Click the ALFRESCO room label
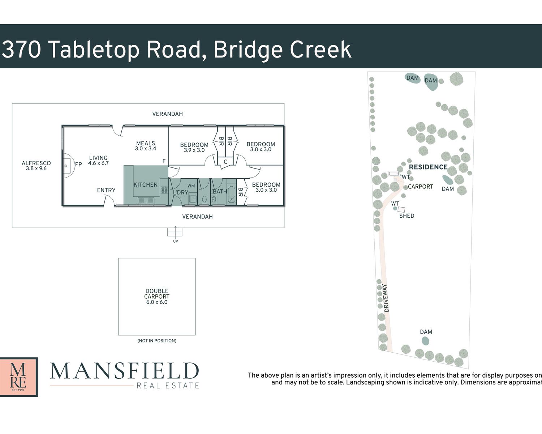point(36,166)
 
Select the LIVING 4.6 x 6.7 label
point(98,160)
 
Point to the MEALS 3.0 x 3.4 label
point(146,146)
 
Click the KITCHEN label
point(146,185)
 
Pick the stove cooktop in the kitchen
point(164,190)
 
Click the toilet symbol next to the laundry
point(204,200)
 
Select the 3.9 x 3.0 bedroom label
point(194,147)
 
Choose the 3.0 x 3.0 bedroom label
point(266,187)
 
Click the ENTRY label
point(106,190)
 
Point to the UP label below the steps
point(176,241)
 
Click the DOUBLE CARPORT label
point(157,297)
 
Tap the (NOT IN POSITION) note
point(157,341)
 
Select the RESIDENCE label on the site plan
point(428,167)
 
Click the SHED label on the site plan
point(407,216)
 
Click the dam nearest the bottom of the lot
point(425,341)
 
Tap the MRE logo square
point(19,377)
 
